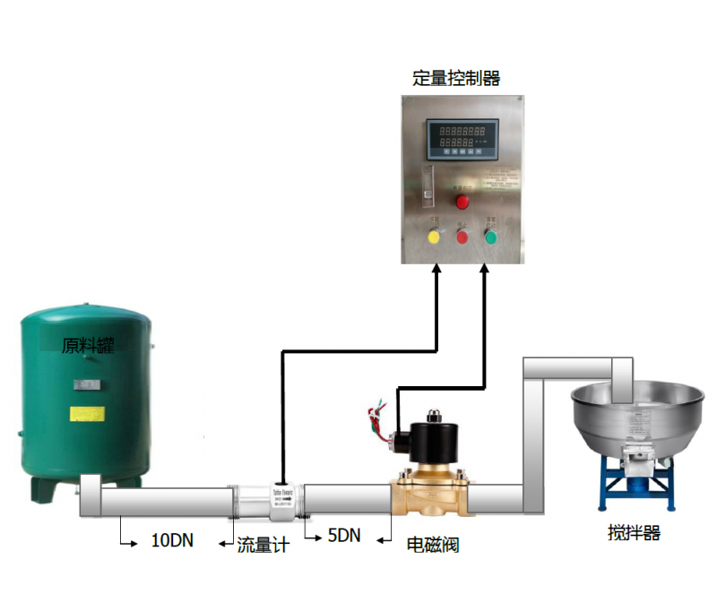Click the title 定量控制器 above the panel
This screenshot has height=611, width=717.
click(456, 78)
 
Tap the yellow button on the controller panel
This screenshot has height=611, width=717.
click(435, 237)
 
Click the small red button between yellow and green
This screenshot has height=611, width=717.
click(462, 237)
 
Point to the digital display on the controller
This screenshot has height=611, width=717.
click(463, 137)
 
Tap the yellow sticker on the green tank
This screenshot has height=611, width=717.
click(87, 414)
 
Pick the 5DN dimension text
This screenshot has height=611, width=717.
click(343, 536)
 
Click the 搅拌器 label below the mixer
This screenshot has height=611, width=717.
click(634, 533)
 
